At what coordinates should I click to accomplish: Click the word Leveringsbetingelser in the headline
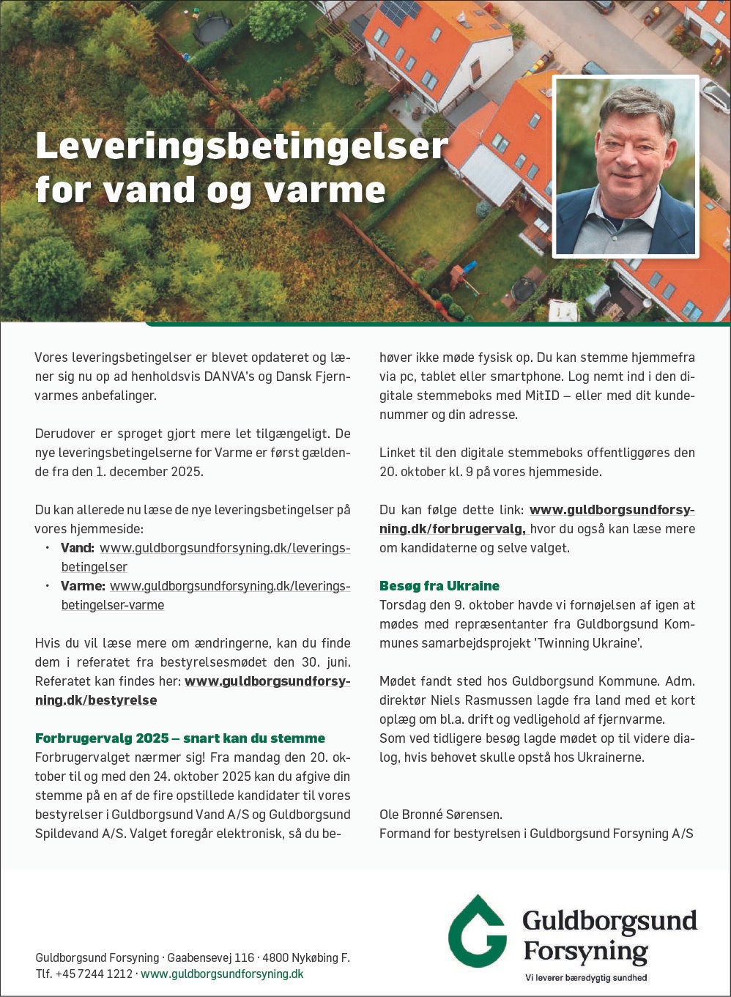[x=242, y=146]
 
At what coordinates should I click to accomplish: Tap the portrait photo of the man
[x=625, y=167]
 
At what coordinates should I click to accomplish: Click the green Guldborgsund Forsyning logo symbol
[x=478, y=931]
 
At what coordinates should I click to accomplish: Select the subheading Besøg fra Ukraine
[x=439, y=586]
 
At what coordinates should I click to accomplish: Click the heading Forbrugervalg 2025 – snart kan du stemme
[x=180, y=738]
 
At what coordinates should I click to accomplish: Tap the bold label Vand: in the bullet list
[x=78, y=548]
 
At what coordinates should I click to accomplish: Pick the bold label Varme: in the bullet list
[x=83, y=586]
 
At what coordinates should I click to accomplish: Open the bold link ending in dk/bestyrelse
[x=95, y=700]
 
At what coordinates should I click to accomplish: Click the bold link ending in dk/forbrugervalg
[x=452, y=529]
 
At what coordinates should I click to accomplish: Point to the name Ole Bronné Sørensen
[x=441, y=815]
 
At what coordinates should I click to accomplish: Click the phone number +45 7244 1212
[x=94, y=974]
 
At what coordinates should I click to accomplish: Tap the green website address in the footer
[x=222, y=974]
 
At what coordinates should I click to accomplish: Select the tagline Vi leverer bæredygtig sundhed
[x=586, y=978]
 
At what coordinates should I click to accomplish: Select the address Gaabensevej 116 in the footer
[x=211, y=958]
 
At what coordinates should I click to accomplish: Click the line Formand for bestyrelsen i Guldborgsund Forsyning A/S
[x=536, y=834]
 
